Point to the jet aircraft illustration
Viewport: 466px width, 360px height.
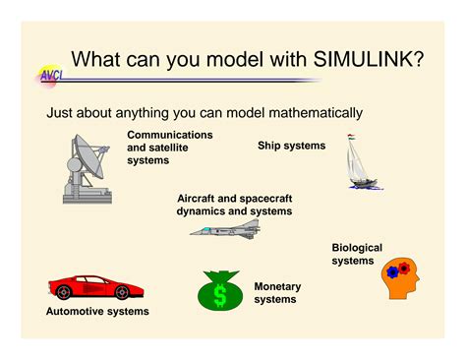(x=226, y=229)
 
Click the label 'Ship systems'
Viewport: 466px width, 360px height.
(x=291, y=146)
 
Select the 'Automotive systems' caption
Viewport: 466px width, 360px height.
(x=97, y=312)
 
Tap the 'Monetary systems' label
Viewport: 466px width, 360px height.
(x=277, y=293)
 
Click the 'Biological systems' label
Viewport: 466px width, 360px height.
(x=357, y=254)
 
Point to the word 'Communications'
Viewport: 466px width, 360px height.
(x=170, y=134)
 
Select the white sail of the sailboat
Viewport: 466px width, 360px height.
(x=357, y=157)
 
